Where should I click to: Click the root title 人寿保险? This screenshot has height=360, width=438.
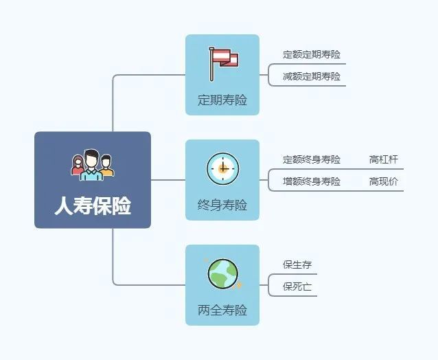tap(93, 205)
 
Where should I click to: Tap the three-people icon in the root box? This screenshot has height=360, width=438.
tap(93, 165)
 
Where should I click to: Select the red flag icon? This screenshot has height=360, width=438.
tap(224, 64)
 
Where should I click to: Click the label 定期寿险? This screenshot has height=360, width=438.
tap(222, 100)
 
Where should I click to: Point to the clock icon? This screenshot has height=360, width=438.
tap(223, 168)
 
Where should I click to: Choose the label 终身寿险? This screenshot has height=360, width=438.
tap(222, 205)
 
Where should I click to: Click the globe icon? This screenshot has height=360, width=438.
tap(223, 273)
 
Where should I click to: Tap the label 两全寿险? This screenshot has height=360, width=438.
tap(222, 310)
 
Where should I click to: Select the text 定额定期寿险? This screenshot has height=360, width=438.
tap(312, 54)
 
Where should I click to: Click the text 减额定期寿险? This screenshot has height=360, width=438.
tap(312, 76)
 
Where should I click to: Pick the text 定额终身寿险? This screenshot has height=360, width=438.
tap(312, 159)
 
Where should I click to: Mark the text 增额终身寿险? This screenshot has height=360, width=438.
tap(312, 181)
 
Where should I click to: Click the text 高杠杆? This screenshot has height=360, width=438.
tap(384, 159)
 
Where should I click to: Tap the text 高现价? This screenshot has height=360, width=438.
tap(384, 181)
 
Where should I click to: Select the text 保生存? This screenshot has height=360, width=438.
tap(297, 265)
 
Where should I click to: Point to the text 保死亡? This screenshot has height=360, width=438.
tap(297, 286)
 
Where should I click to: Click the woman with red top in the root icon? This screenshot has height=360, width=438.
tap(78, 166)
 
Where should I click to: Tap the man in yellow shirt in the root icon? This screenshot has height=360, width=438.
tap(106, 166)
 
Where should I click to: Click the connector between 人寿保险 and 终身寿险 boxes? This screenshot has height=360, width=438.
tap(168, 180)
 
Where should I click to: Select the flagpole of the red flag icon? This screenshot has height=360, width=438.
tap(211, 65)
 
